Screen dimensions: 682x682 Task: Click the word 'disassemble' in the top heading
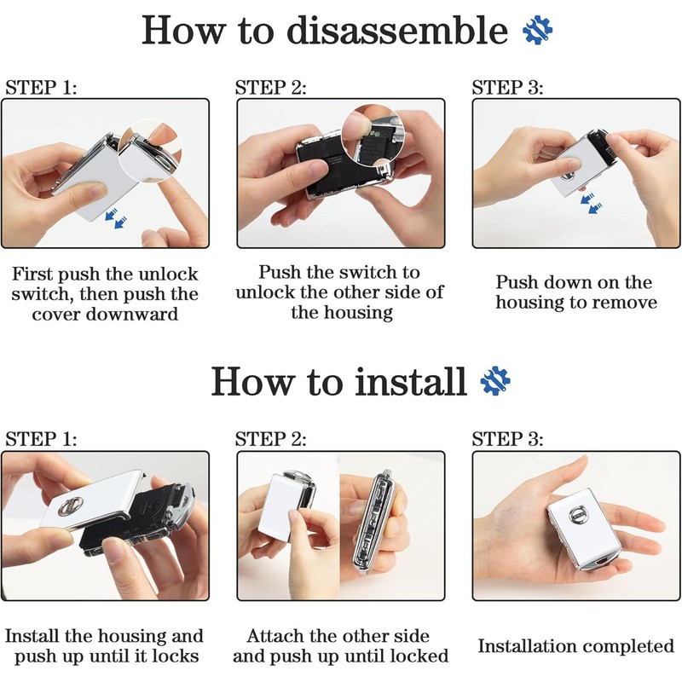[397, 31]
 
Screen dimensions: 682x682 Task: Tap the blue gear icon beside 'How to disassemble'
[537, 30]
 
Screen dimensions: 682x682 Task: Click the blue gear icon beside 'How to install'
[495, 381]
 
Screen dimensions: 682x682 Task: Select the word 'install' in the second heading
[411, 381]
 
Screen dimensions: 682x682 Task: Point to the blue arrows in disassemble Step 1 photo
[116, 218]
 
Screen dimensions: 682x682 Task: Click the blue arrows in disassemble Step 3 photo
[592, 204]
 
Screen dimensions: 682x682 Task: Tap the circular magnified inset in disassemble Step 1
[150, 151]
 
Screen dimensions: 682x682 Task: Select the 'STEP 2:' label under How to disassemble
[270, 88]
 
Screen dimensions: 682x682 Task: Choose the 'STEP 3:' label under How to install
[507, 439]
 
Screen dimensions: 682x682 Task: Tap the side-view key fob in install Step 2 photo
[375, 521]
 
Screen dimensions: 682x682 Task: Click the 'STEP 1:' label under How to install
[41, 439]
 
